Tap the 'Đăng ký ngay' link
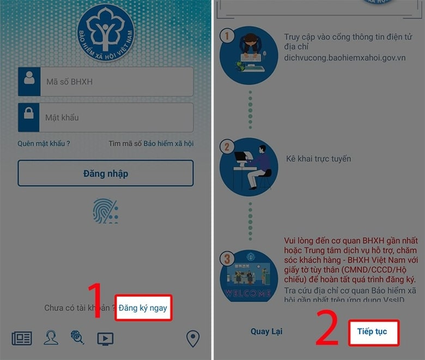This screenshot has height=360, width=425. [x=143, y=308]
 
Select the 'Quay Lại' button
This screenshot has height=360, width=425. [x=266, y=331]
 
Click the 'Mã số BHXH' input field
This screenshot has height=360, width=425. [x=117, y=82]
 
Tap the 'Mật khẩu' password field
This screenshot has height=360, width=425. [x=116, y=117]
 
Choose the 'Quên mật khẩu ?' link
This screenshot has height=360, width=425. [x=44, y=143]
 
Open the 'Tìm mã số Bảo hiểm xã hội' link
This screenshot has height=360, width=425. [x=151, y=143]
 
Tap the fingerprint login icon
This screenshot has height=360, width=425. [x=106, y=211]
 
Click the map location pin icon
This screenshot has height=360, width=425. [x=193, y=339]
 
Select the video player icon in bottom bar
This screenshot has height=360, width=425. [x=105, y=339]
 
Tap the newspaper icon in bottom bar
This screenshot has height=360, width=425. [x=22, y=338]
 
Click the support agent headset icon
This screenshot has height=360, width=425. [x=51, y=338]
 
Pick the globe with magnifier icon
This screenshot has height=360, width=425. [x=77, y=337]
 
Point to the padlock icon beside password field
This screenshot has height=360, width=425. [x=29, y=113]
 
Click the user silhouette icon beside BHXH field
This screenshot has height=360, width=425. [x=29, y=77]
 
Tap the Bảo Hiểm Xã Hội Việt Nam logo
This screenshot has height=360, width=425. [x=106, y=33]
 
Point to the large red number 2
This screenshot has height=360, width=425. [x=327, y=328]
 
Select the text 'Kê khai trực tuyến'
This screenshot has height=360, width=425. [x=319, y=159]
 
